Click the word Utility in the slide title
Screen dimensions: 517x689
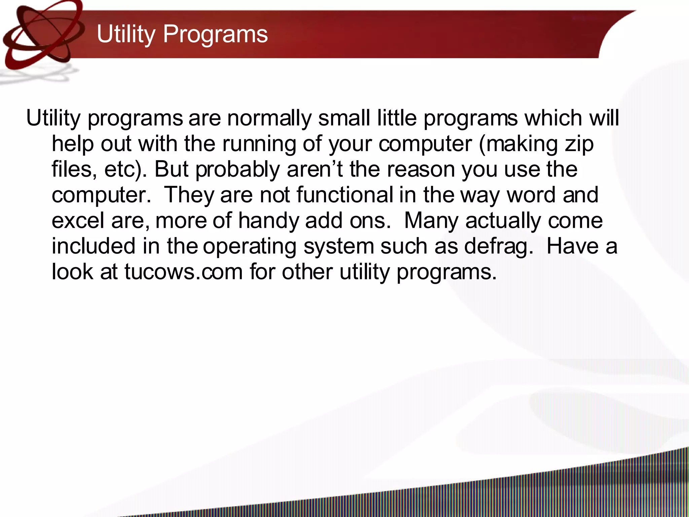tap(126, 34)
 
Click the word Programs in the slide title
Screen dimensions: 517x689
tap(215, 34)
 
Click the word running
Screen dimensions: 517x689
tap(259, 144)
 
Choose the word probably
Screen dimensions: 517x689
tap(238, 170)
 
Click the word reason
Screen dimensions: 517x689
tap(421, 170)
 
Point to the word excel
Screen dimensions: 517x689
tap(78, 220)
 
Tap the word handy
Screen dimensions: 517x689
tap(268, 221)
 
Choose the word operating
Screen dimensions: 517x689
tap(249, 247)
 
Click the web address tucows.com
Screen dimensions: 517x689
tap(183, 272)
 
